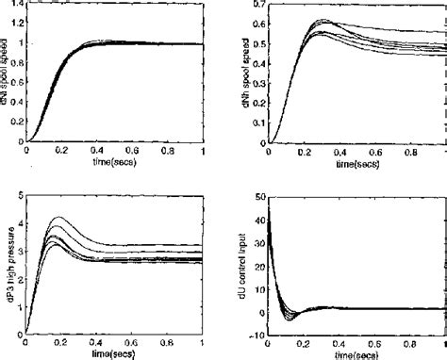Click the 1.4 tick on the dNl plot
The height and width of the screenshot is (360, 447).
pos(16,5)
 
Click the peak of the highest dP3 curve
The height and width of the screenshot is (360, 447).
pos(59,218)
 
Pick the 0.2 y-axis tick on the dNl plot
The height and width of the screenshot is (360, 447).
pos(16,123)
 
